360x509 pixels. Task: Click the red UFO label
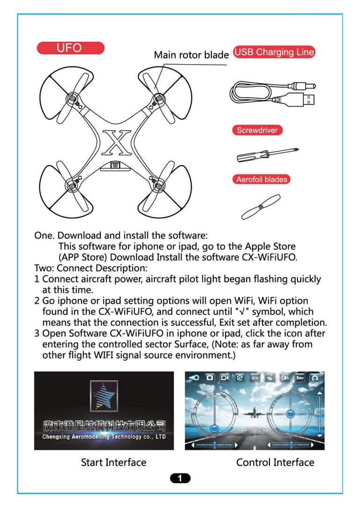[x=70, y=48]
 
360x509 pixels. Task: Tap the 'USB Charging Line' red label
[x=274, y=52]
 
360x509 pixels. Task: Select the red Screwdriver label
[x=257, y=130]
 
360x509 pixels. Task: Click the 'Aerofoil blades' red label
[x=262, y=180]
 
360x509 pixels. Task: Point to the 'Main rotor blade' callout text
[x=191, y=55]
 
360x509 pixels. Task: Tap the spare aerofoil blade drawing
[x=261, y=207]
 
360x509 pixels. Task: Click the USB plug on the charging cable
[x=303, y=99]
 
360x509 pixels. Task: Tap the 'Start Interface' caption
[x=113, y=463]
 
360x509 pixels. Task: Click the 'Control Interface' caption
[x=275, y=463]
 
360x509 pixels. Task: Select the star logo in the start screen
[x=104, y=396]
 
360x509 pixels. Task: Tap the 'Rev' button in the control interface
[x=300, y=378]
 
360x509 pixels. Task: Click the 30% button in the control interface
[x=255, y=378]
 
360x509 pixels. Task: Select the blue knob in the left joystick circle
[x=214, y=428]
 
